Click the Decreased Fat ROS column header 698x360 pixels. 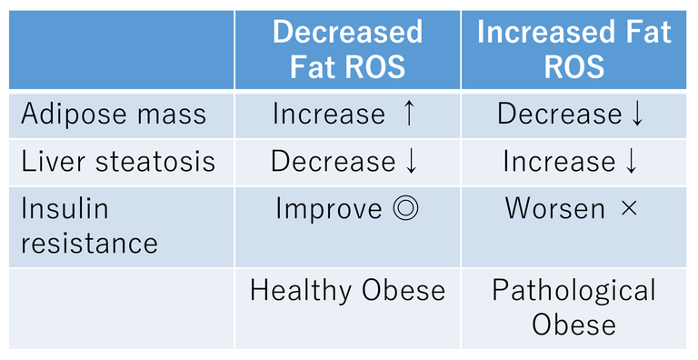[347, 49]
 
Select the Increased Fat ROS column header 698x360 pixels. [574, 49]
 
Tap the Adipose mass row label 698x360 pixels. [114, 115]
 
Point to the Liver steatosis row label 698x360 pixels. [118, 162]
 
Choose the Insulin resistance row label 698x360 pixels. [89, 225]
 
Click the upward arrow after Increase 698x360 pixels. [408, 114]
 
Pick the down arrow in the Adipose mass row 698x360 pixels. [636, 115]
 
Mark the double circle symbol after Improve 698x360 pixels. [404, 209]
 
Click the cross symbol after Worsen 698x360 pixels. [628, 209]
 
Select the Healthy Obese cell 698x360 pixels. [347, 291]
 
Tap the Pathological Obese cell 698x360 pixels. [574, 307]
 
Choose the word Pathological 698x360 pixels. [574, 291]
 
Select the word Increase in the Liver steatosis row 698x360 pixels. [558, 162]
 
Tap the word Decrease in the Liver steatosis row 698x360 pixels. [334, 162]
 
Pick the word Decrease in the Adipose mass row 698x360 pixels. [559, 115]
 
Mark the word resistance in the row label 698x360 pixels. [89, 243]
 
